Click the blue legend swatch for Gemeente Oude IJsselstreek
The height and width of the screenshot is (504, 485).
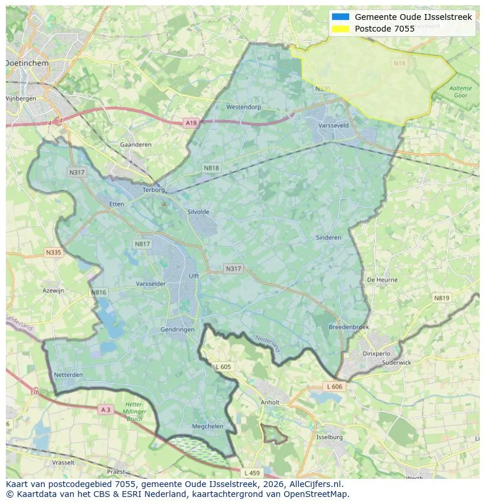[340, 17]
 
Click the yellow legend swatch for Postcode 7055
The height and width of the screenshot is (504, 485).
[340, 29]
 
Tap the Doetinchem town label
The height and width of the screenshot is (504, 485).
[26, 62]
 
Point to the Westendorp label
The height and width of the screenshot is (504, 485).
[244, 108]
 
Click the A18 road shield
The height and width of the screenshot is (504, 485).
[191, 123]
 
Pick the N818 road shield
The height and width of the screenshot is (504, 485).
[211, 168]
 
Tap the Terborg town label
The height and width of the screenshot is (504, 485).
[155, 190]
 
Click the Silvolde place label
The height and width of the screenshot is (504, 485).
[198, 212]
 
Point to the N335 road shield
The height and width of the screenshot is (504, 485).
[53, 252]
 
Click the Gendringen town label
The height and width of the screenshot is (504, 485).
[177, 330]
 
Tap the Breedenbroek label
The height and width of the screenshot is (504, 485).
[349, 327]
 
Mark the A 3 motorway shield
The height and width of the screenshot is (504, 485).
[105, 410]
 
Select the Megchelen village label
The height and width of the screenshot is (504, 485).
[208, 426]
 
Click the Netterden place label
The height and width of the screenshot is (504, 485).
[68, 374]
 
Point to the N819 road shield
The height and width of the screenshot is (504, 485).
[442, 298]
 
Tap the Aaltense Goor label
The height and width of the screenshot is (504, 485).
[460, 91]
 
